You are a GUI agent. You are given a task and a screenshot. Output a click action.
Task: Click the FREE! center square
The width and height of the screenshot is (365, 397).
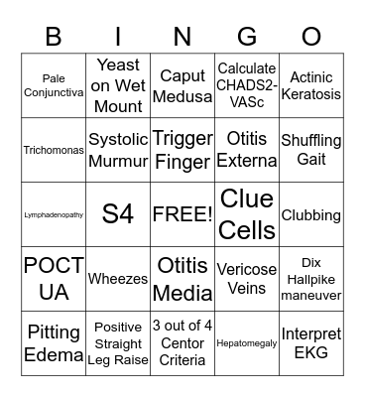[182, 214]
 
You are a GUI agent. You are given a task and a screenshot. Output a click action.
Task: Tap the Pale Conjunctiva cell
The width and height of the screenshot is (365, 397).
[54, 85]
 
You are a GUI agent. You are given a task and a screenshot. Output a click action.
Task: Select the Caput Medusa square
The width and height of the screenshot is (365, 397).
[182, 85]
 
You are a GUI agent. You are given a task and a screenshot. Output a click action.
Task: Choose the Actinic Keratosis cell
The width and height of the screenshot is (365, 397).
[311, 85]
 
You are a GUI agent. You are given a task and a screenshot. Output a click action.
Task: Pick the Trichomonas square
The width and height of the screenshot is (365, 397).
[54, 150]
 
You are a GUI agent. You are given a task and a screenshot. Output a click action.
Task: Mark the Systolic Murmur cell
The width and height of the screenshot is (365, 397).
[118, 150]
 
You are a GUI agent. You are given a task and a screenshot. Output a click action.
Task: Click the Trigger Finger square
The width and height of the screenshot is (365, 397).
[182, 150]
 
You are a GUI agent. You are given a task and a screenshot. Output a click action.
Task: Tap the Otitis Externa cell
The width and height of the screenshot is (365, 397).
[247, 150]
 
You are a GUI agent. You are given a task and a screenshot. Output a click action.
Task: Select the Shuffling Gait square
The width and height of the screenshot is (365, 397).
[311, 150]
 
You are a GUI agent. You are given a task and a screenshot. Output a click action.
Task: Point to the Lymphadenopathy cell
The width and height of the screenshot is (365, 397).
[54, 214]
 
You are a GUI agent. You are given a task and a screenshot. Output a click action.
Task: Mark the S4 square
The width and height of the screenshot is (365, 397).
[118, 214]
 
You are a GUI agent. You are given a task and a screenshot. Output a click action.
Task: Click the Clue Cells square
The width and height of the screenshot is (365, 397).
[247, 214]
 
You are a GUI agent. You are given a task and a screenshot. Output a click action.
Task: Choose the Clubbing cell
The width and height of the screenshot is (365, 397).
[311, 214]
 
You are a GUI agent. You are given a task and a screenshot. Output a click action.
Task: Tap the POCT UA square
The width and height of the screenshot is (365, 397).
[54, 279]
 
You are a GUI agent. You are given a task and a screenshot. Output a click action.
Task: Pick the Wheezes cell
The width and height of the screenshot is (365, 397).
[118, 279]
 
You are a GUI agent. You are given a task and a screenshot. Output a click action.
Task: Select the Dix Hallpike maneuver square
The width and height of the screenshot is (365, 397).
[311, 279]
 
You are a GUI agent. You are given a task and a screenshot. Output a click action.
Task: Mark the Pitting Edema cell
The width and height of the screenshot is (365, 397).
[54, 343]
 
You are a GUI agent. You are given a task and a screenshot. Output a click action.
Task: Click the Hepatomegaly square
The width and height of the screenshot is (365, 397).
[247, 343]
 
